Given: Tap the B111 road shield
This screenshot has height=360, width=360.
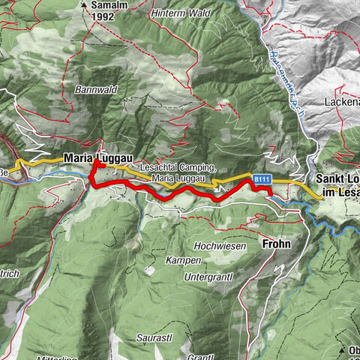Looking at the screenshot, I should [260, 179].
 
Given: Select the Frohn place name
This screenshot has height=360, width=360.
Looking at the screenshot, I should [275, 244].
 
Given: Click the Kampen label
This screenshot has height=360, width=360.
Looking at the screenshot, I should [184, 260].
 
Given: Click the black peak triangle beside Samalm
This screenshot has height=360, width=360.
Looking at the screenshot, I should [84, 4].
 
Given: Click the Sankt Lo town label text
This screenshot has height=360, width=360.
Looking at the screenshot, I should [337, 180].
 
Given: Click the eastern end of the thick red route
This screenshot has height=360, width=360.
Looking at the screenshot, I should [269, 193].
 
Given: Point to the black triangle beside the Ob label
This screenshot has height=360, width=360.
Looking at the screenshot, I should [341, 349].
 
